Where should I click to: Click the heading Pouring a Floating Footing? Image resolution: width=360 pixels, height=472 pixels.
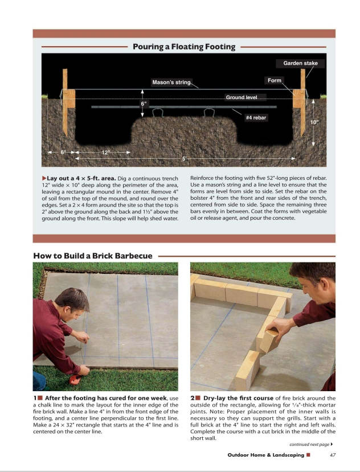pos(184,47)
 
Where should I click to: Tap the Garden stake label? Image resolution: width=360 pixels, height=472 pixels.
pos(300,63)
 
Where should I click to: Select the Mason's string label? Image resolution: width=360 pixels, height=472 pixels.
pos(170,83)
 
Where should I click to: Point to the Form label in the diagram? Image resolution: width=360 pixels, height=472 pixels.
pos(275,80)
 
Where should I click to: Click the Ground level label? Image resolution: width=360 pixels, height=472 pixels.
pos(242,97)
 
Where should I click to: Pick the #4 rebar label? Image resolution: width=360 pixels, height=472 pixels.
pos(256,118)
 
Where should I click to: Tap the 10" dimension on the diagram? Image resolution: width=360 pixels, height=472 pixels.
pos(314,122)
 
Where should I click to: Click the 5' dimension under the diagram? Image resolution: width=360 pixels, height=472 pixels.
pos(184,158)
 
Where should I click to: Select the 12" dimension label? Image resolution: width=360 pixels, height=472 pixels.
pos(105,153)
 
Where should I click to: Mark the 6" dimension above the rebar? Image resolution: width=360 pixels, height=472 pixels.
pos(144,104)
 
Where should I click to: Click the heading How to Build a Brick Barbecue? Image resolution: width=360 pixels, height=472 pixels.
pos(93,256)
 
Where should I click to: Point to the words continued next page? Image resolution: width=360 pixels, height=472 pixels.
pos(309,444)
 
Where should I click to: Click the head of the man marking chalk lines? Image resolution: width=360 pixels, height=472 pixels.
pos(72,301)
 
